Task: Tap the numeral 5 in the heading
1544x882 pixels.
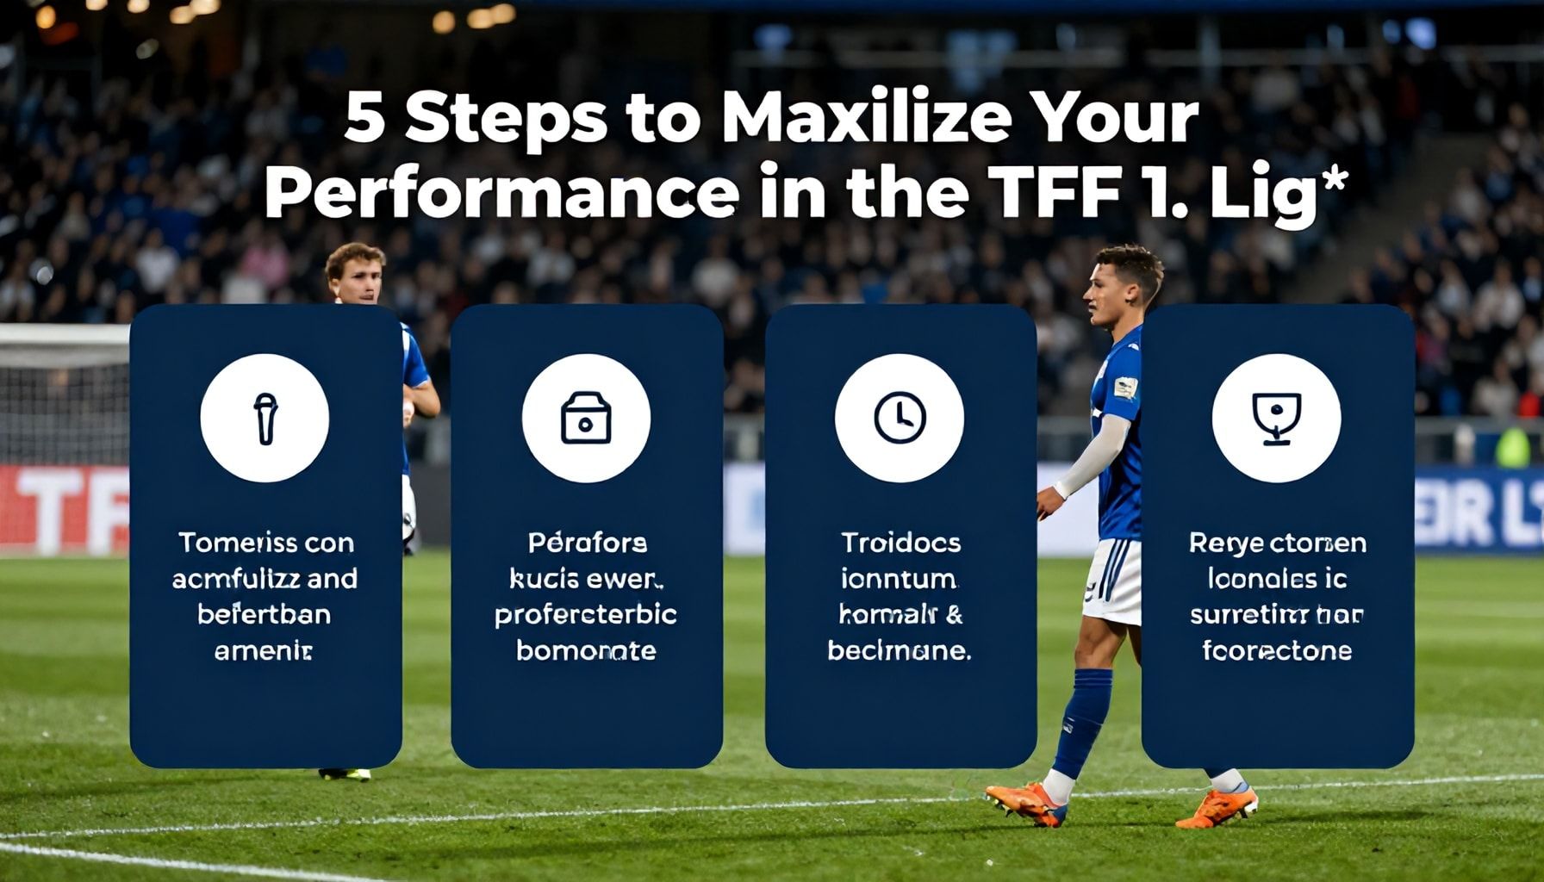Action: pyautogui.click(x=364, y=118)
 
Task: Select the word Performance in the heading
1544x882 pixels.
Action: pyautogui.click(x=500, y=195)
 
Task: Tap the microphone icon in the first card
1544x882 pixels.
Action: pyautogui.click(x=265, y=418)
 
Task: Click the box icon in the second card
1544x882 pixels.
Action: pyautogui.click(x=586, y=418)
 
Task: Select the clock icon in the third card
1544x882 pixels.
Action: pyautogui.click(x=900, y=418)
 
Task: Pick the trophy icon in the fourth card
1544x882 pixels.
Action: pyautogui.click(x=1276, y=418)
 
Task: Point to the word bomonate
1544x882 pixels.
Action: pyautogui.click(x=586, y=650)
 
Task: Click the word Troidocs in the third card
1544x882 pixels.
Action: pyautogui.click(x=900, y=543)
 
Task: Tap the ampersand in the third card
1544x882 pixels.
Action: pyautogui.click(x=954, y=614)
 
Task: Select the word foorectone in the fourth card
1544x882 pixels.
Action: pyautogui.click(x=1276, y=650)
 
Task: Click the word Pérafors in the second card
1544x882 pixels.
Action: pyautogui.click(x=586, y=543)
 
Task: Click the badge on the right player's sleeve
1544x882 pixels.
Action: pyautogui.click(x=1125, y=388)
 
